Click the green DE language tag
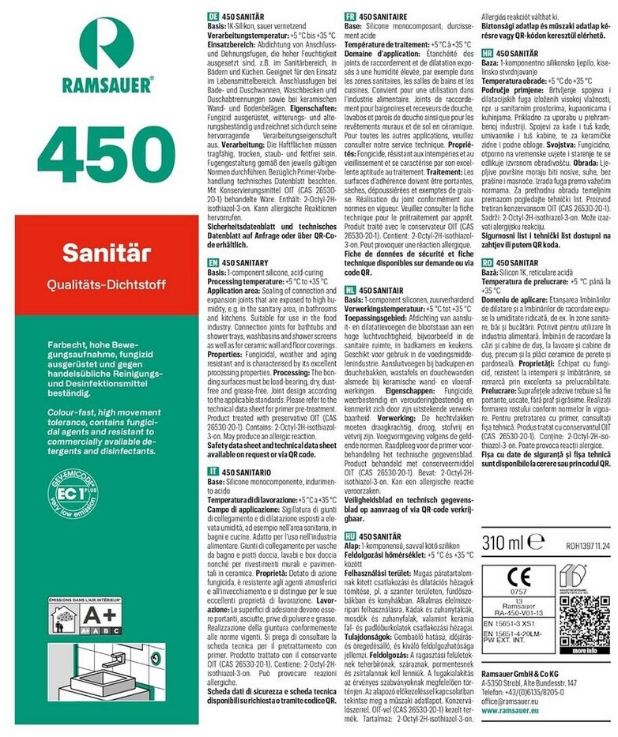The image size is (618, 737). [212, 16]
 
